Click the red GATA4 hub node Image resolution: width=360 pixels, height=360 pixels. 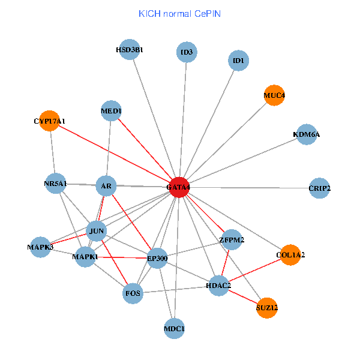click(x=179, y=187)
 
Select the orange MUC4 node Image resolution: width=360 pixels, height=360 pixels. click(x=274, y=95)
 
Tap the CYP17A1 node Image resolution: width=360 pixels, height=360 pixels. click(x=50, y=121)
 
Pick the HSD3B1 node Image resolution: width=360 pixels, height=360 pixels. click(x=130, y=50)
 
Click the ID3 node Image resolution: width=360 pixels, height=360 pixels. click(x=187, y=53)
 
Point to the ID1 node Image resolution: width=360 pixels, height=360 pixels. click(x=239, y=61)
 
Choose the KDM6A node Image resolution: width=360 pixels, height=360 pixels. click(x=306, y=134)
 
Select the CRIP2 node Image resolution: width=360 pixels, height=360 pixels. click(x=319, y=188)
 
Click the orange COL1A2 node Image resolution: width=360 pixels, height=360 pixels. click(x=290, y=254)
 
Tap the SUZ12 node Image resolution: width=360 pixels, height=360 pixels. click(x=267, y=308)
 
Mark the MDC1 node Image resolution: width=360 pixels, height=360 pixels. click(x=174, y=329)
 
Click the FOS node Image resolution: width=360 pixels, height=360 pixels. click(x=133, y=293)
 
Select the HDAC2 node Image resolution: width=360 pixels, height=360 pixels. click(x=218, y=285)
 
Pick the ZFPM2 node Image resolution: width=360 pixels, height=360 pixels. click(x=232, y=240)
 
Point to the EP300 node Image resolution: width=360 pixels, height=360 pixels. click(x=157, y=259)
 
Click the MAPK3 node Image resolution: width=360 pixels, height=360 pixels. click(x=41, y=247)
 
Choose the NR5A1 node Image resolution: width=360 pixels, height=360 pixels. click(x=55, y=183)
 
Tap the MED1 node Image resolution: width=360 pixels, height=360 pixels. click(x=112, y=111)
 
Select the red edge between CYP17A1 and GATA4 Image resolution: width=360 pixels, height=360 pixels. click(x=114, y=154)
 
